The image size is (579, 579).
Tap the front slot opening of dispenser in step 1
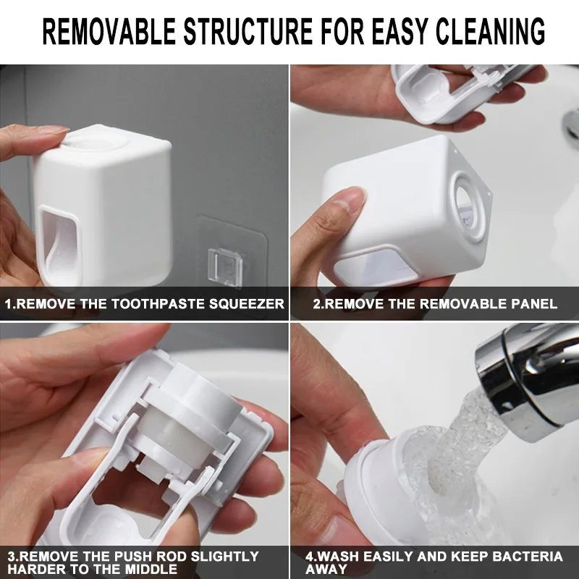pyautogui.click(x=59, y=242)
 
